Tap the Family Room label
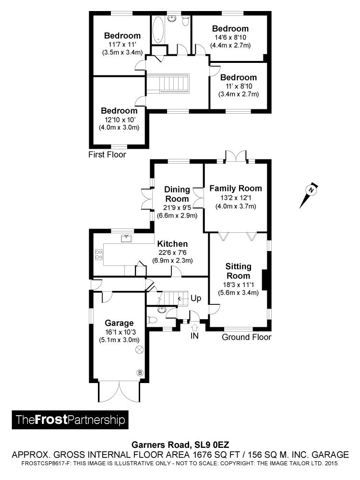point(236,188)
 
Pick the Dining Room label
point(177,194)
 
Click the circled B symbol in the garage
point(140,372)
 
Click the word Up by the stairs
point(196,298)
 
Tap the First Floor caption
point(107,155)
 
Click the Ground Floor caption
point(246,337)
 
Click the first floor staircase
point(168,84)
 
